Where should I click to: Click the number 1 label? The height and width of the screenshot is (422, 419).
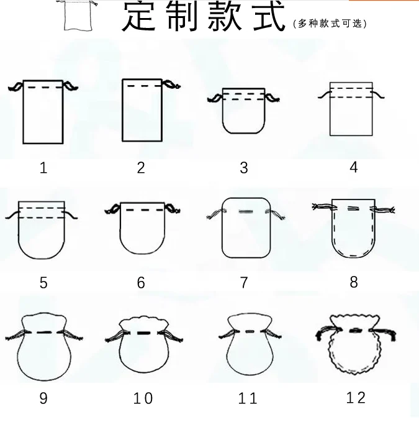pyautogui.click(x=43, y=168)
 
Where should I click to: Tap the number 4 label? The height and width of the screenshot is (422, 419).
pyautogui.click(x=354, y=167)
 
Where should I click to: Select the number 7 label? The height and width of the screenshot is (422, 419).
pyautogui.click(x=244, y=283)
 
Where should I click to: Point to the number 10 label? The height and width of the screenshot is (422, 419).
pyautogui.click(x=143, y=398)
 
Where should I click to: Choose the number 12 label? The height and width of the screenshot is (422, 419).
pyautogui.click(x=356, y=398)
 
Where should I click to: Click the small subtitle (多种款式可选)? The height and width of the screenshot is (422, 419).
pyautogui.click(x=330, y=24)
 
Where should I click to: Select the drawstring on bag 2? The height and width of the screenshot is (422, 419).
pyautogui.click(x=171, y=85)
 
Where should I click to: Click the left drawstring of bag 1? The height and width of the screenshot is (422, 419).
pyautogui.click(x=16, y=86)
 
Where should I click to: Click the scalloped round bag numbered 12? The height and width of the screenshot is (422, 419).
pyautogui.click(x=355, y=344)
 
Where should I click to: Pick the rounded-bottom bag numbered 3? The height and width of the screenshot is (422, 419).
pyautogui.click(x=244, y=111)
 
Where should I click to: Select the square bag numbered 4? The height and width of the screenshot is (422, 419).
pyautogui.click(x=351, y=109)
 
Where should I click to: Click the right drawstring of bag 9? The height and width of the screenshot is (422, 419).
pyautogui.click(x=73, y=336)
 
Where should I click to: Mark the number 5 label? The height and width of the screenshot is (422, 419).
pyautogui.click(x=43, y=283)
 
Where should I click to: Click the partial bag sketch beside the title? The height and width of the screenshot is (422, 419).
pyautogui.click(x=78, y=15)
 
